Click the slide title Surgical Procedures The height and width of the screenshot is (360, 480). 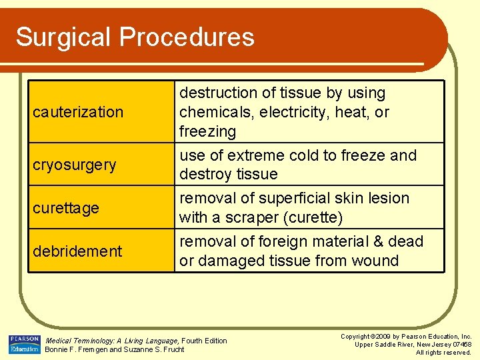[135, 37]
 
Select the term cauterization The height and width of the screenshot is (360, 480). [78, 112]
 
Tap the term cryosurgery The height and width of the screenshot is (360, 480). [75, 165]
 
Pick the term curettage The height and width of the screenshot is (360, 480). [66, 208]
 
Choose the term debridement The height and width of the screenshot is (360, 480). [77, 251]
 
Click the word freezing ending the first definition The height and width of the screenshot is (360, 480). [207, 131]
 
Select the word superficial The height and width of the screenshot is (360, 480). [294, 198]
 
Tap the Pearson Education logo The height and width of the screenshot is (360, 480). [24, 345]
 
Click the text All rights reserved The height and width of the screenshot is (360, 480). [443, 352]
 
